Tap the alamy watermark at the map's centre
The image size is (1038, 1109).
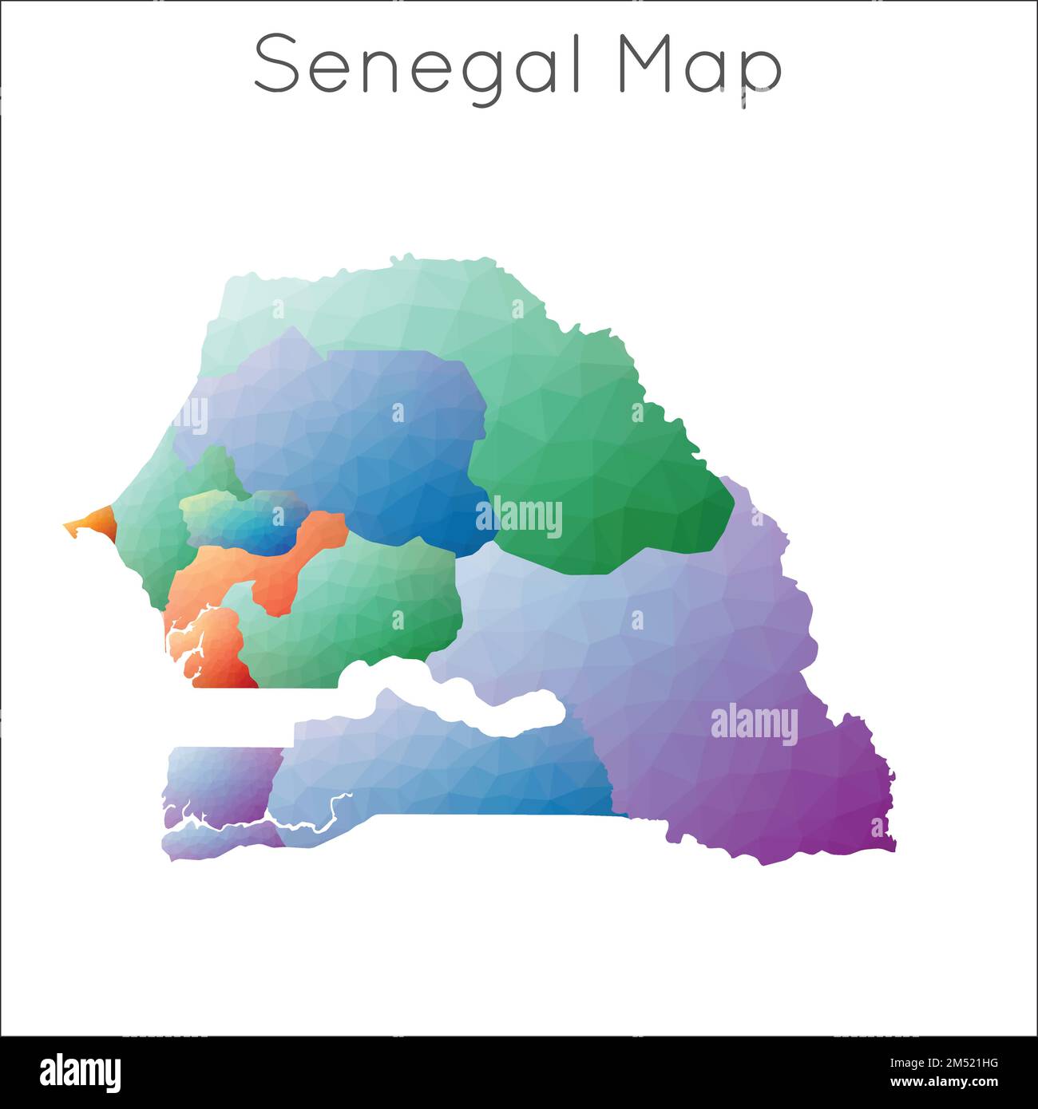(x=519, y=516)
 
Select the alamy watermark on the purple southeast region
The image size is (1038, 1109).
(x=754, y=724)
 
